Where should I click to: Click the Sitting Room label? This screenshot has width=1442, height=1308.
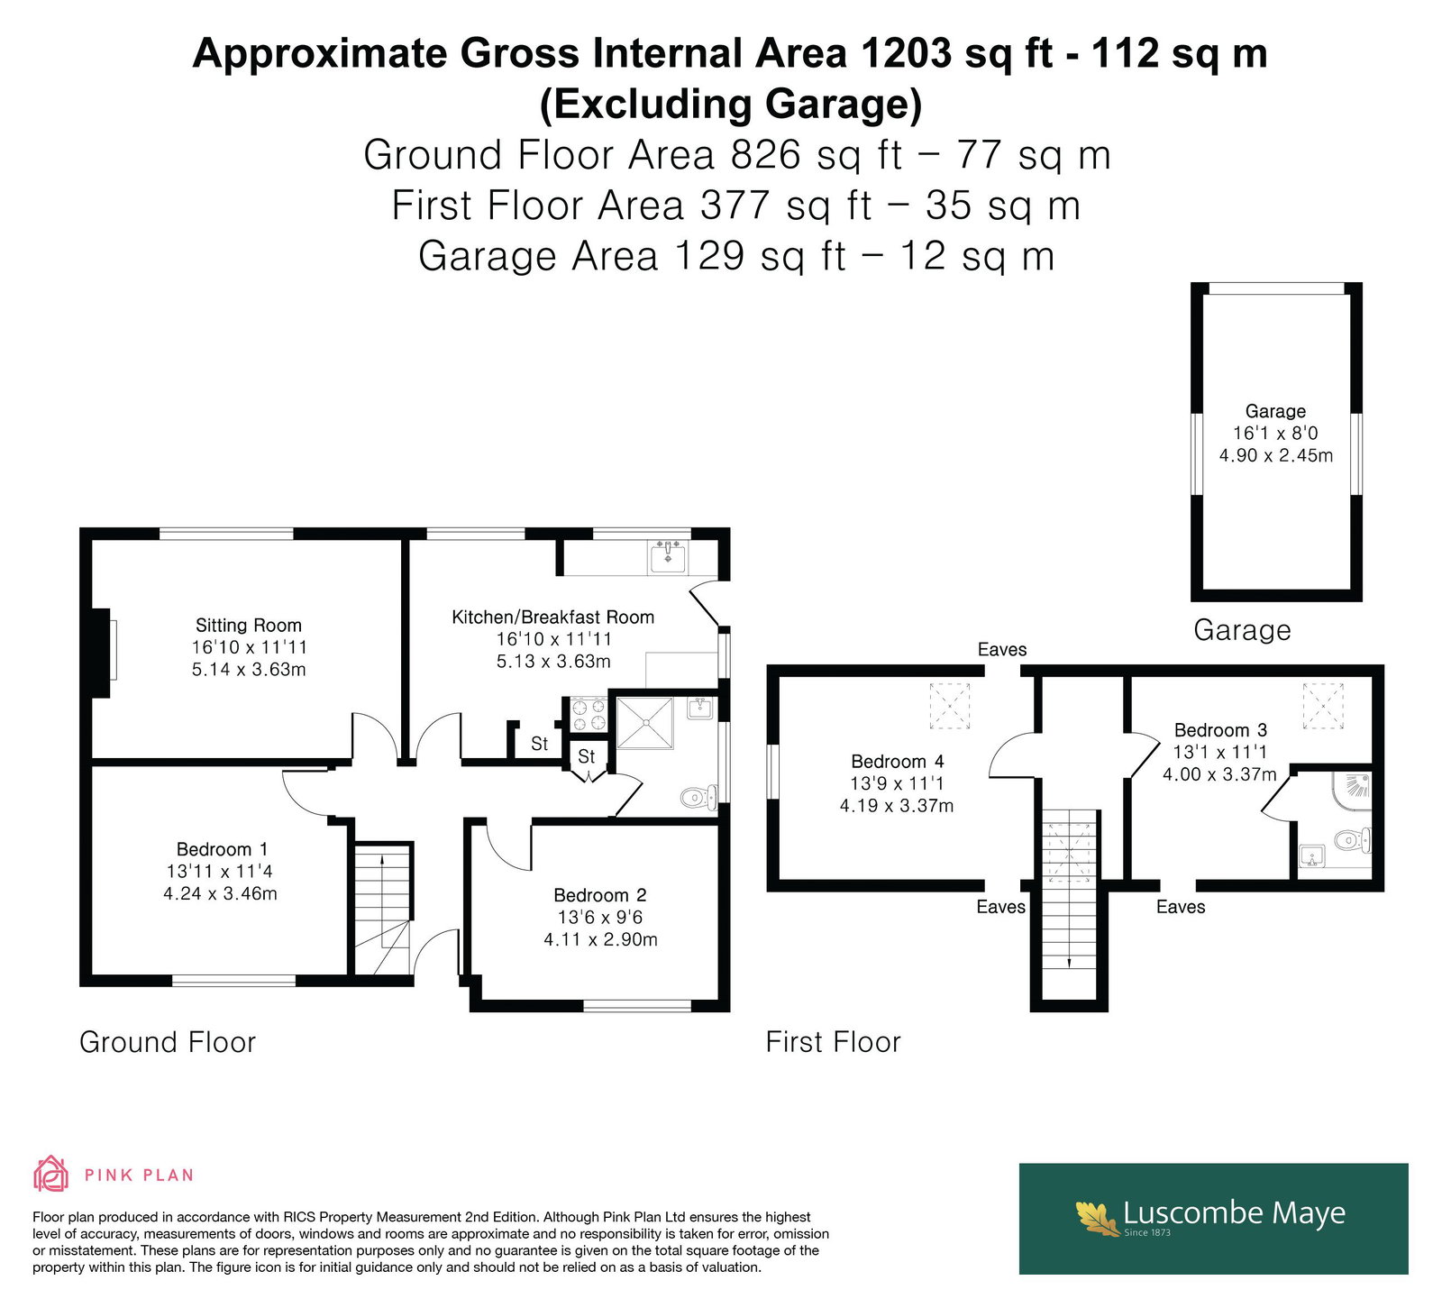249,625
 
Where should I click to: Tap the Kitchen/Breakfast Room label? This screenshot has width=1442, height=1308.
552,617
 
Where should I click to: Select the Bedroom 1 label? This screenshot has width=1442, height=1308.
222,849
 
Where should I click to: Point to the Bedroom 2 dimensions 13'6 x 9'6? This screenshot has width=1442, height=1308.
600,918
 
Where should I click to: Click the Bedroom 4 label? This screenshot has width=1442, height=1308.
897,762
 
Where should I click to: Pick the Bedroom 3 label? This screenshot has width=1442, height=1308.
1220,730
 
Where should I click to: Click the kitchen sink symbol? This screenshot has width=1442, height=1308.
668,557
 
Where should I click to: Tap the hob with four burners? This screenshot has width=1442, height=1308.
587,715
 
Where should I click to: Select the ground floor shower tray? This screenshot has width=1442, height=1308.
644,722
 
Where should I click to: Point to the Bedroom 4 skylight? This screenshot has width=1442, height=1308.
950,706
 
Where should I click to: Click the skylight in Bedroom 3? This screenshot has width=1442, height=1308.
1323,706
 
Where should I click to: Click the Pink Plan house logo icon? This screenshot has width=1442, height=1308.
51,1175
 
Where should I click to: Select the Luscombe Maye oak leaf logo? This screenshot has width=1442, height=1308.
1097,1218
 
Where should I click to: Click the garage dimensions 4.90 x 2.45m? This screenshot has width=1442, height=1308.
1276,455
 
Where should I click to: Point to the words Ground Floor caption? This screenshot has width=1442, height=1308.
168,1042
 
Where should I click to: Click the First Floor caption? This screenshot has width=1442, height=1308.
834,1042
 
